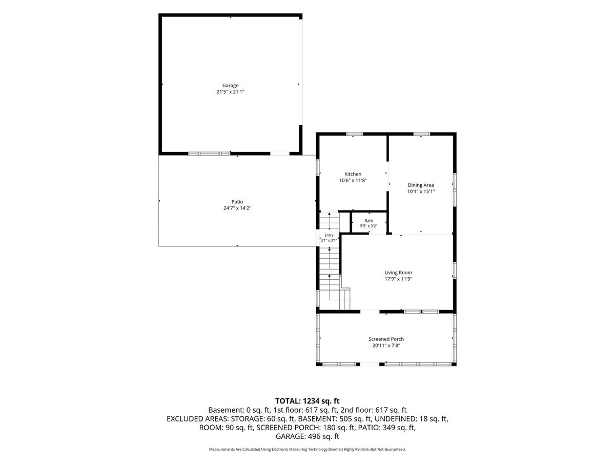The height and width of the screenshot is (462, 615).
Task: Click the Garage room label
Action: coord(230,85)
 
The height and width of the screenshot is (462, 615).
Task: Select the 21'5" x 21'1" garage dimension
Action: coord(230,92)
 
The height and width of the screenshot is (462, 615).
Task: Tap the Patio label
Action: coord(237,201)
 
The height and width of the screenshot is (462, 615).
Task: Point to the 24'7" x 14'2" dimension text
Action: coord(237,208)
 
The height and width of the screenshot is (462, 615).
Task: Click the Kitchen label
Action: coord(353,174)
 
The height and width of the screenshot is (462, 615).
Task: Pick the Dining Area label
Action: coord(421,185)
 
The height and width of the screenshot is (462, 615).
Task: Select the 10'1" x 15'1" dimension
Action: coord(421,191)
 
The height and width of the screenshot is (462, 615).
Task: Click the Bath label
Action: coord(368,221)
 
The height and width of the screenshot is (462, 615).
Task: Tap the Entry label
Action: coord(329,235)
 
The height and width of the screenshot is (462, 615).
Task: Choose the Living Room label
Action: coord(398,273)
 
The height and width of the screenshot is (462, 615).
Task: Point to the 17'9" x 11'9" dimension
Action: coord(398,279)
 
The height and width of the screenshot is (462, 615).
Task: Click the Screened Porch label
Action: coord(386,339)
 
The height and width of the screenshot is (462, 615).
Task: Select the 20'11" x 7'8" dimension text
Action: coord(386,345)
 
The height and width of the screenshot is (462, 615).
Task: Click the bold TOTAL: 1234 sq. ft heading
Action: coord(307,401)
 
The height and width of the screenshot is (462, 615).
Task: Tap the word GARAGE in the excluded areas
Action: coord(290,436)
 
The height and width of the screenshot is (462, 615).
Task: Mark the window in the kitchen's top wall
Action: coord(354,134)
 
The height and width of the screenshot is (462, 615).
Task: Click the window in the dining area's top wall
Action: coord(422,134)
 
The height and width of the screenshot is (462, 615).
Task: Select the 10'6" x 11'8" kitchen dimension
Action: coord(353,180)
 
